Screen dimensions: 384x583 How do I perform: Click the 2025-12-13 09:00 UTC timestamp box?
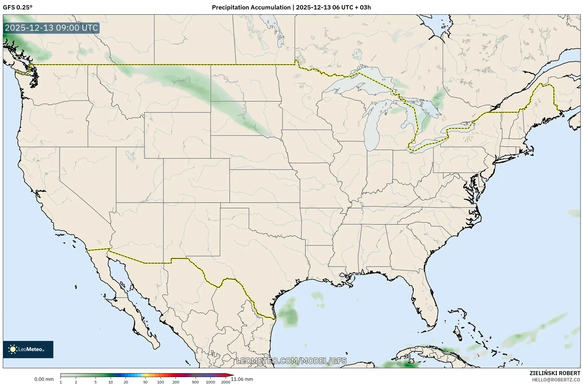coord(51,28)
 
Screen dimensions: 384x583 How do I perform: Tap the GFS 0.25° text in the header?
coord(17,7)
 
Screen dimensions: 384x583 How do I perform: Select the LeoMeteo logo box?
coord(28,349)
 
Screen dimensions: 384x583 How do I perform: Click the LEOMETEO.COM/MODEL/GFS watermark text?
coord(291,361)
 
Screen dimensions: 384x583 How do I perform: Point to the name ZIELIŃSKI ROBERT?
coord(555,373)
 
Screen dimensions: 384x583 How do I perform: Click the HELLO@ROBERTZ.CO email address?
coord(556,380)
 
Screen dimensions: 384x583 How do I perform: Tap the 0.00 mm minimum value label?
coord(44,379)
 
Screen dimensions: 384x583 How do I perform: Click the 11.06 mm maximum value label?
coord(242,379)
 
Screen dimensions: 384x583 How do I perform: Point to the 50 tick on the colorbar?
coord(145,382)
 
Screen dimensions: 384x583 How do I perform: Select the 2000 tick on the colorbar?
coord(226,382)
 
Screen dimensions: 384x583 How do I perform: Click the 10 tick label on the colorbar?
coord(111,382)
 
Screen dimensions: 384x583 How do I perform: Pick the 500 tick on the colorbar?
coord(195,382)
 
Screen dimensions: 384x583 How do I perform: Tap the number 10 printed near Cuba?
coord(407,356)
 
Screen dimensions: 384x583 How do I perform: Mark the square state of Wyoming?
coord(177,135)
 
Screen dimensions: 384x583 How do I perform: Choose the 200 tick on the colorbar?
coord(176,382)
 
